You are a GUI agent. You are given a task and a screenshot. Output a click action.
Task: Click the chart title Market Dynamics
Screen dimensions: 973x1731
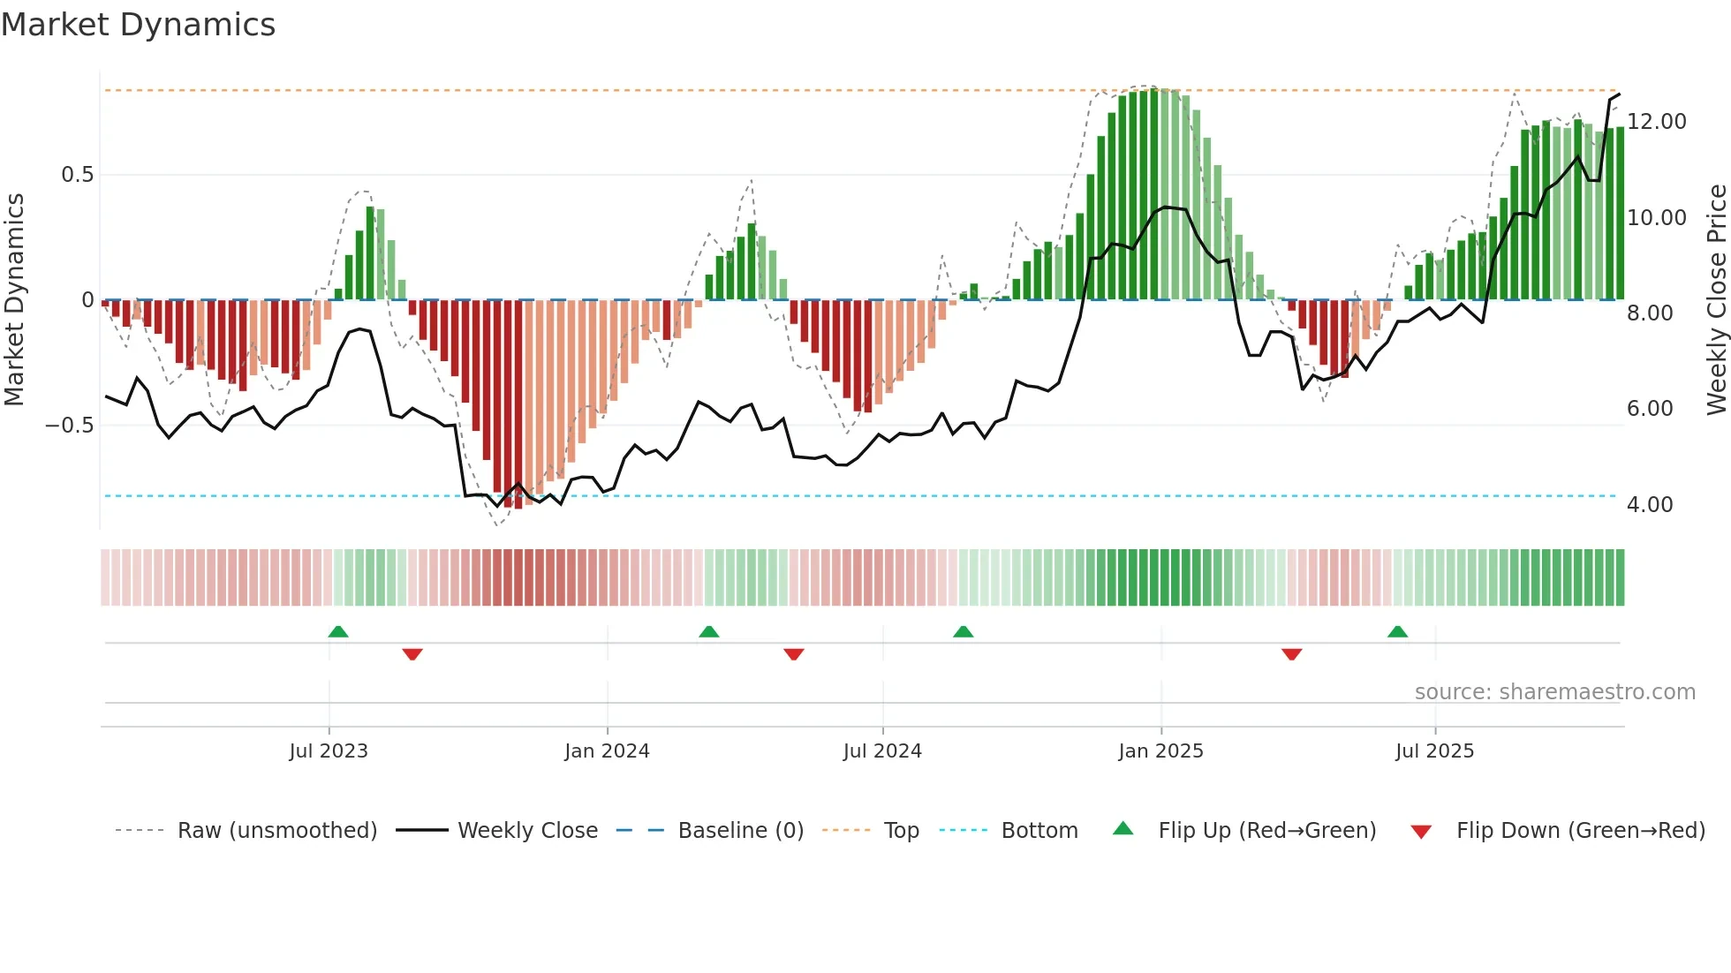138,25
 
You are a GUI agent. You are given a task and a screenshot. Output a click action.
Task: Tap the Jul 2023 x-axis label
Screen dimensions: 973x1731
329,751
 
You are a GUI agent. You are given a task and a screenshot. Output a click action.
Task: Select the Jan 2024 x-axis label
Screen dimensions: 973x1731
607,751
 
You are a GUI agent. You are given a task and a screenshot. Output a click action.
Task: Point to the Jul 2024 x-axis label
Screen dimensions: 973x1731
882,751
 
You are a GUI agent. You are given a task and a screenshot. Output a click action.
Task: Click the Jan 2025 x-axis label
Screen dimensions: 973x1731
1160,751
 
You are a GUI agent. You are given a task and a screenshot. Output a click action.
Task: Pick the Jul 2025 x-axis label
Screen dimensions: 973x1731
1434,751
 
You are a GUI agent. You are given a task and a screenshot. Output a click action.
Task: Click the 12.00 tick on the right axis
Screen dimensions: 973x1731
1656,122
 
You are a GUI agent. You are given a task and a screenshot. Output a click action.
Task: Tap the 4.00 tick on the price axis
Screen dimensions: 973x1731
1649,505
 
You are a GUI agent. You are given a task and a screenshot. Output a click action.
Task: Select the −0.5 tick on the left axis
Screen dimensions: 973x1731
69,426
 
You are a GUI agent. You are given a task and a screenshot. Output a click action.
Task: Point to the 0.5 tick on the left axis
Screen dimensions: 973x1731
77,175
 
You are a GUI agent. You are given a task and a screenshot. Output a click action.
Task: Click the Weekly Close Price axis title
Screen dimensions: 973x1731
1716,300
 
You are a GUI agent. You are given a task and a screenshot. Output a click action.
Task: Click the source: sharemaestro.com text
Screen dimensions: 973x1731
1554,692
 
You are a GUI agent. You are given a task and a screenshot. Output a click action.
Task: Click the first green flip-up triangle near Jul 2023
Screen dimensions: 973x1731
338,632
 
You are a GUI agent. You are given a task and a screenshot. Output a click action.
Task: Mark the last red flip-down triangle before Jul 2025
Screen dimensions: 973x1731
1291,654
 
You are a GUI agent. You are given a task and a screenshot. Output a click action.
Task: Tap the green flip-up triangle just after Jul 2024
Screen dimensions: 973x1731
964,632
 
